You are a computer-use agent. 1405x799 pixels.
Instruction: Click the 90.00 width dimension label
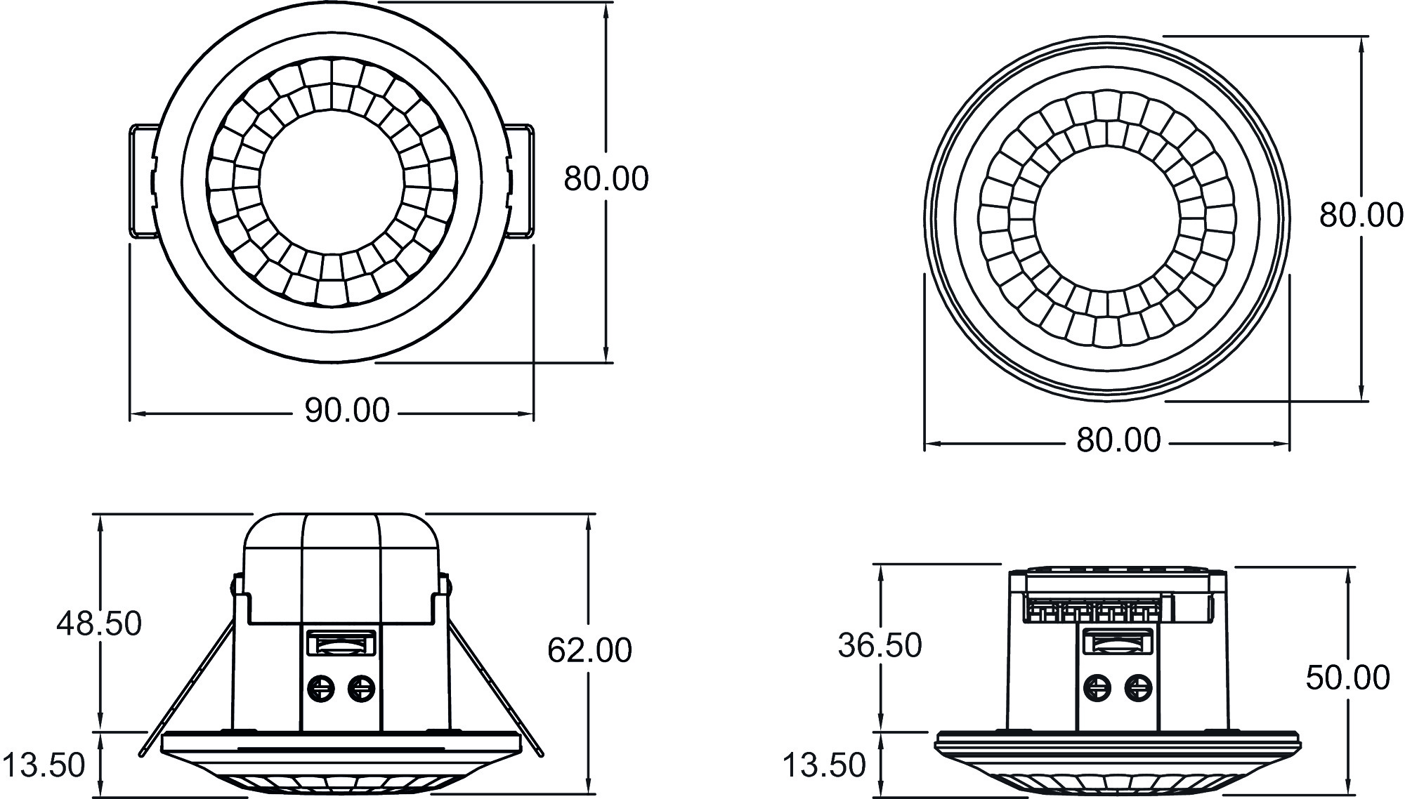pos(346,411)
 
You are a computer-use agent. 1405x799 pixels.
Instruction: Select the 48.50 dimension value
pos(99,623)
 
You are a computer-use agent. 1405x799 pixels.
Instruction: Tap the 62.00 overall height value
pos(589,651)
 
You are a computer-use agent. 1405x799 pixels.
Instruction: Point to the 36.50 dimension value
pos(880,646)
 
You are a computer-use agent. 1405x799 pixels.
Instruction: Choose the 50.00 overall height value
pos(1347,678)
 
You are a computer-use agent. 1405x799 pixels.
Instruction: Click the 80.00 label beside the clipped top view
pos(606,179)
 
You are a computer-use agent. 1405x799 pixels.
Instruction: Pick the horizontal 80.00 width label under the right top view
pos(1118,441)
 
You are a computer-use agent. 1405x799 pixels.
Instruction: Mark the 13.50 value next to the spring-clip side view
pos(44,765)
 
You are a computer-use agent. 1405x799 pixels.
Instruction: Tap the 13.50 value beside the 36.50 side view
pos(823,765)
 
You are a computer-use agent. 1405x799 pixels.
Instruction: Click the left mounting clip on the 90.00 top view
pos(143,181)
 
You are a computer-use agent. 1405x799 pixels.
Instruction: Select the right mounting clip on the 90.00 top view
pos(521,181)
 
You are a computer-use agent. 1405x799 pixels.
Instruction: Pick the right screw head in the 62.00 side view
pos(361,688)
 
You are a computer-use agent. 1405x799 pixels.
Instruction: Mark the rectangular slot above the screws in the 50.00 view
pos(1117,642)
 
